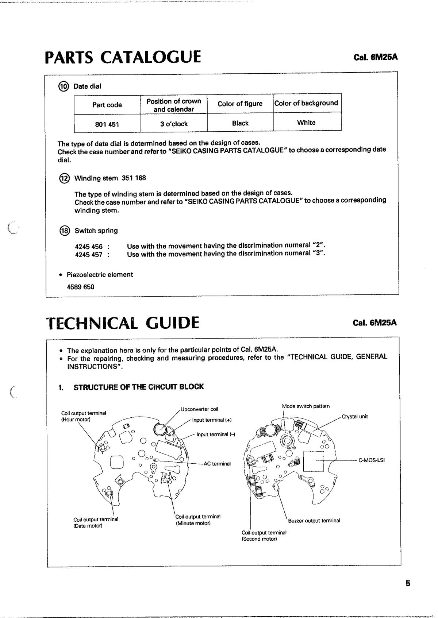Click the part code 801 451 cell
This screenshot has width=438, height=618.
(107, 124)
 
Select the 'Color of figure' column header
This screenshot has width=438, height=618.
(240, 104)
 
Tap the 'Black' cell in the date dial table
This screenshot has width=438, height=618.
(240, 123)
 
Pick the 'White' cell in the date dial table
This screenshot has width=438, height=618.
(306, 123)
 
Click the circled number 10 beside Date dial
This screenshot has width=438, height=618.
(64, 86)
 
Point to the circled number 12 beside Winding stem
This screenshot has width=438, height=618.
(64, 178)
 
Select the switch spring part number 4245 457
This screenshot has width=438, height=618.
(89, 255)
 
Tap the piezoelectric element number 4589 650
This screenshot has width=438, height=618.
(80, 287)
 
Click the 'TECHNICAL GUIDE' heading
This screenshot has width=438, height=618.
(123, 323)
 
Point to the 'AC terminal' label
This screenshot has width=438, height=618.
(217, 464)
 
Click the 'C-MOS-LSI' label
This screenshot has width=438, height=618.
(372, 460)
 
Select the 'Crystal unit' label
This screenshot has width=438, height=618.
(355, 417)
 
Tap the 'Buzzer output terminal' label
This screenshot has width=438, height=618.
(314, 521)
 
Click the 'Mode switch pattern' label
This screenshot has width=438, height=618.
(306, 406)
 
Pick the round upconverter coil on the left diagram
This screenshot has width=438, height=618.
(161, 429)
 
